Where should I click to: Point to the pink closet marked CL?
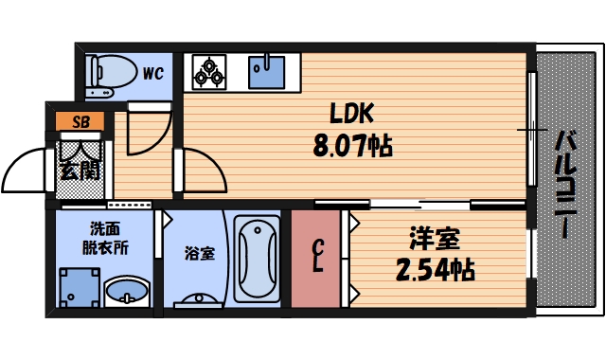(x=319, y=258)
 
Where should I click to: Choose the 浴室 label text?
(x=199, y=253)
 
